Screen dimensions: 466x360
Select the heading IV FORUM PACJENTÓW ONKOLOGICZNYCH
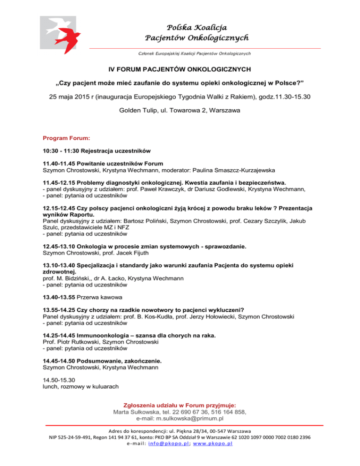[180, 69]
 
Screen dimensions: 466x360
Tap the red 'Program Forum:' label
[66, 139]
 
